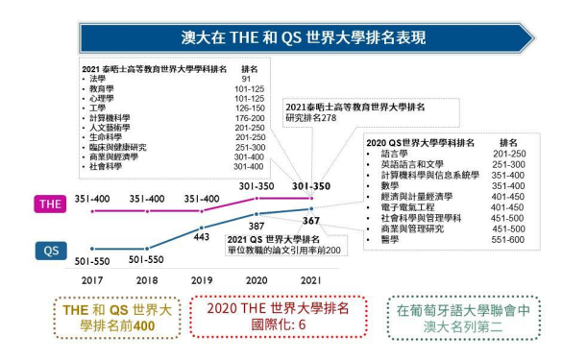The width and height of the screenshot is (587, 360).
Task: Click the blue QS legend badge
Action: coord(51,252)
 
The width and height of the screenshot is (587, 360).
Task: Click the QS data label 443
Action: coord(201,236)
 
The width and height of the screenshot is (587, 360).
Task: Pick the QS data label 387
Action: coord(258,226)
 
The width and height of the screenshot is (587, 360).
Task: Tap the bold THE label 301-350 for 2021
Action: coord(311,186)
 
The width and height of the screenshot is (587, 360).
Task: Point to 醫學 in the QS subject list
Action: coord(389,239)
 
